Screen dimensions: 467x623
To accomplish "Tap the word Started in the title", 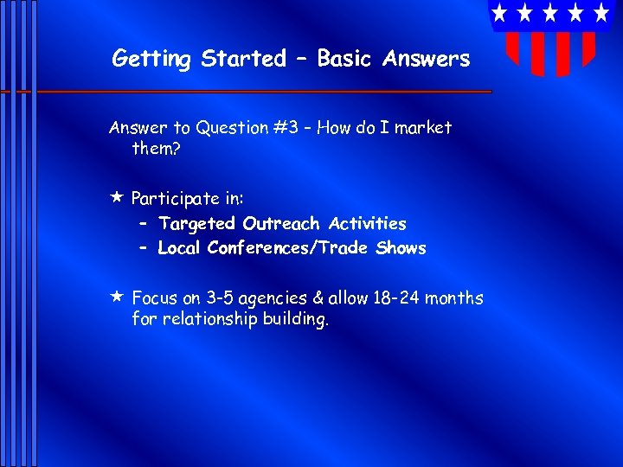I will coord(243,59).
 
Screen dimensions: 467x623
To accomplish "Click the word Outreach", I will coord(282,224).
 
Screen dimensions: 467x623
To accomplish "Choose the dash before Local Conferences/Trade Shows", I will coord(144,248).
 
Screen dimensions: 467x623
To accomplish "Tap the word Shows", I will coord(401,248).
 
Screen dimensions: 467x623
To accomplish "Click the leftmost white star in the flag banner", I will coord(499,13).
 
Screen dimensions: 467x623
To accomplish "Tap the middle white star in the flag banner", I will coord(549,13).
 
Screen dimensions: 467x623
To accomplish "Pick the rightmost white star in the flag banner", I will coord(601,13).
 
